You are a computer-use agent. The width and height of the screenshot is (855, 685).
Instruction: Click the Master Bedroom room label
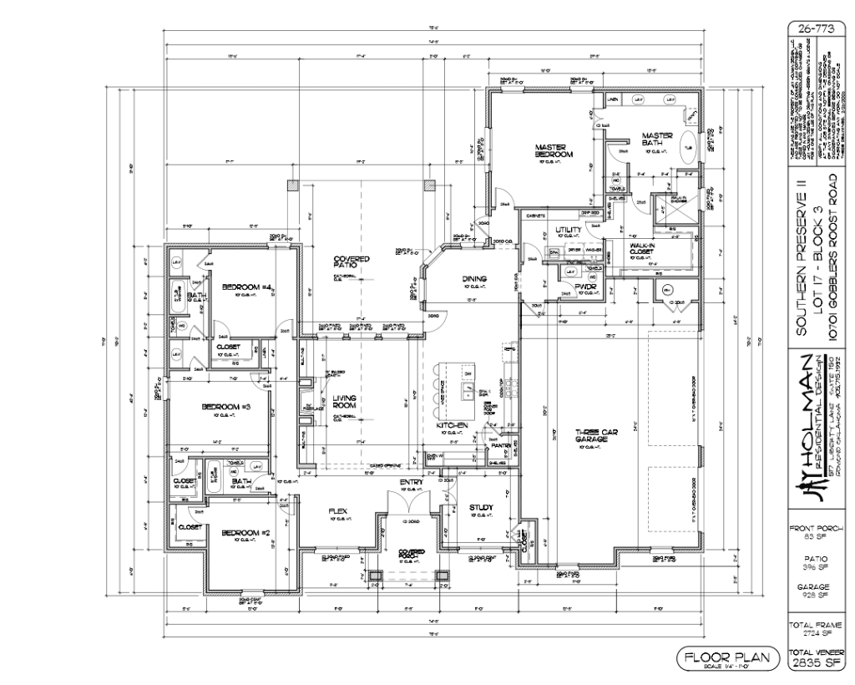click(x=553, y=151)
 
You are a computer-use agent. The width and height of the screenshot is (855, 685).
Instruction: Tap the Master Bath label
click(x=657, y=140)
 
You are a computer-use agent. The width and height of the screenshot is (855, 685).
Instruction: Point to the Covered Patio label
click(x=352, y=262)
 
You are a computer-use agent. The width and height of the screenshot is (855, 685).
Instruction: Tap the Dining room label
click(x=473, y=279)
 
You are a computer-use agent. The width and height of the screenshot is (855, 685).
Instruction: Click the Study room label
click(x=482, y=507)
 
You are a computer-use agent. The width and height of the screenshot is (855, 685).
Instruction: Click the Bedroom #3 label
click(x=220, y=407)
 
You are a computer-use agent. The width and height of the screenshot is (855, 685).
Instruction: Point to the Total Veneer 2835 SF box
click(x=818, y=659)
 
